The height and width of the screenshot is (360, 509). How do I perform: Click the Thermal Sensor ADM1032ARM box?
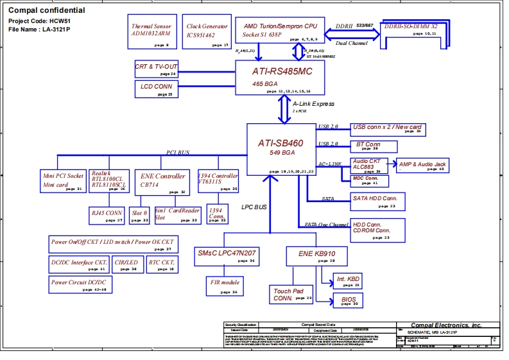(151, 31)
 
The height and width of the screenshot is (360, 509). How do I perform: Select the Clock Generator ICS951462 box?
(207, 31)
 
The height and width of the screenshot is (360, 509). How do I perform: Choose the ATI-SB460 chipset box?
(281, 149)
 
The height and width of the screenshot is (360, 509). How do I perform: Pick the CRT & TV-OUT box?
(156, 69)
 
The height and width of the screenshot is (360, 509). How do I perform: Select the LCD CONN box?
(156, 89)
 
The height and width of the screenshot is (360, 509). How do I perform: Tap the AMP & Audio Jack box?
(423, 166)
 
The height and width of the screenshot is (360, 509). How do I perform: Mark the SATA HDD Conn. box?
(377, 201)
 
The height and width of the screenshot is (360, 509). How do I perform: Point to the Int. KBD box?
(347, 281)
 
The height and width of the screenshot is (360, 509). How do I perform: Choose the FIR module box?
(225, 286)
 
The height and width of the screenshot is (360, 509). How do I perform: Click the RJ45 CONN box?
(107, 215)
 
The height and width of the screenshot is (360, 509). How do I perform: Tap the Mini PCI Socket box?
(62, 180)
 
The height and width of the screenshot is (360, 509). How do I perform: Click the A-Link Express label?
(313, 104)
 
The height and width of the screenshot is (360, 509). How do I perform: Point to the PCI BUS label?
(178, 152)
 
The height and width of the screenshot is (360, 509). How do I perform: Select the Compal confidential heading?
(46, 11)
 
